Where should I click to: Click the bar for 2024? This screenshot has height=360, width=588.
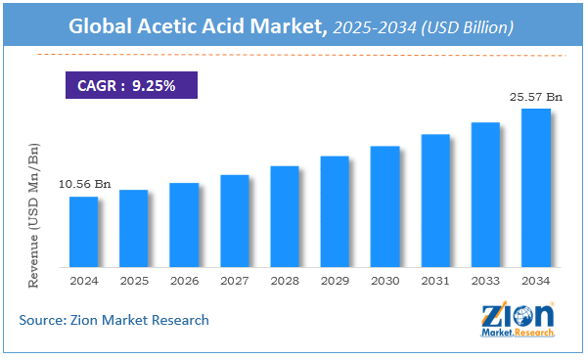tap(83, 232)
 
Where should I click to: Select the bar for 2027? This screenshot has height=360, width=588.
tap(234, 221)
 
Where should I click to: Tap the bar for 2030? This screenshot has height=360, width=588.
tap(384, 206)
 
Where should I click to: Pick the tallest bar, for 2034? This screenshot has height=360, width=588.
tap(535, 188)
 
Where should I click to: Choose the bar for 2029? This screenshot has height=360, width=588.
tap(335, 211)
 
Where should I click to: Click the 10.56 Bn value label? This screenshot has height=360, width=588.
tap(83, 183)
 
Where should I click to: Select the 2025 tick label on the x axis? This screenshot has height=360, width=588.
tap(133, 281)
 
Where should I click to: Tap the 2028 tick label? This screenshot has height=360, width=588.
tap(284, 281)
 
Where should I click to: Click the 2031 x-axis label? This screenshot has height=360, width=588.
tap(434, 281)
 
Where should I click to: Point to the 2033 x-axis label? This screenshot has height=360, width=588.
tap(485, 281)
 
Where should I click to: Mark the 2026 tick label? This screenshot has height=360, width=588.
tap(183, 281)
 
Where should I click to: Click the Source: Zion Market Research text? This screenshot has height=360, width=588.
tap(114, 320)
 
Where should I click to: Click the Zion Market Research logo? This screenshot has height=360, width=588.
tap(518, 320)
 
